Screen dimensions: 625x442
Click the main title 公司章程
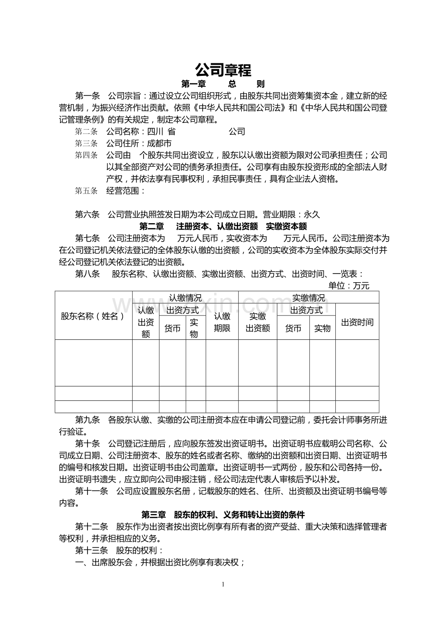tap(223, 70)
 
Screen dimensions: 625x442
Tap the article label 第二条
tap(86, 131)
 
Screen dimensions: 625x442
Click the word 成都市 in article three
tap(159, 143)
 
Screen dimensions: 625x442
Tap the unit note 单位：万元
tap(349, 286)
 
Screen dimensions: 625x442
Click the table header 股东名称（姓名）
tap(93, 316)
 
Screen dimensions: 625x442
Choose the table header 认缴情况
tap(185, 298)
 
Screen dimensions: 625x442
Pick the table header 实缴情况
tap(308, 298)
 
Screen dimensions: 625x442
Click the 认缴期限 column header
tap(222, 322)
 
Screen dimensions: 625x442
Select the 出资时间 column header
tap(356, 322)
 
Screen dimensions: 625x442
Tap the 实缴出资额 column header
tap(258, 322)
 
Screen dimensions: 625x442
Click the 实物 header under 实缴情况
tap(322, 328)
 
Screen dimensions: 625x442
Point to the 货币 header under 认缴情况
tap(172, 328)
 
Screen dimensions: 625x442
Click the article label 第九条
tap(87, 420)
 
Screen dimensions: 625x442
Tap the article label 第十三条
tap(92, 550)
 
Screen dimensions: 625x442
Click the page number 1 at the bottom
tap(223, 584)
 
